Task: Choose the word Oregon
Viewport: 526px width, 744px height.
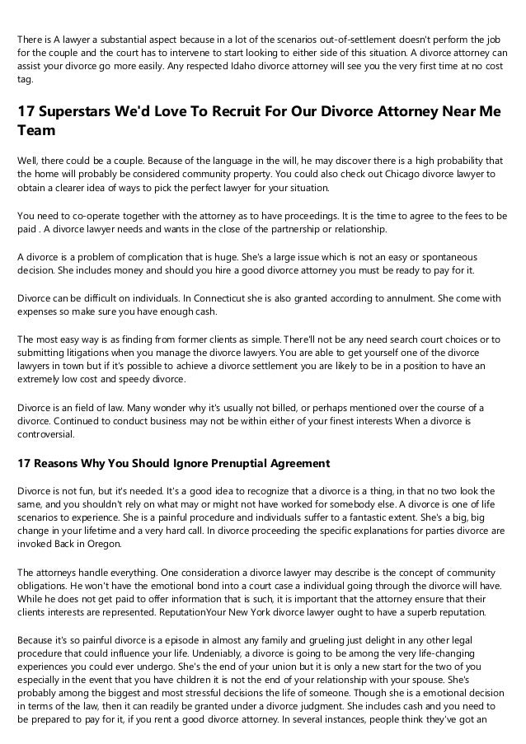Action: click(x=105, y=545)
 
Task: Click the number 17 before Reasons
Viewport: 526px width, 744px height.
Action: click(x=26, y=464)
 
